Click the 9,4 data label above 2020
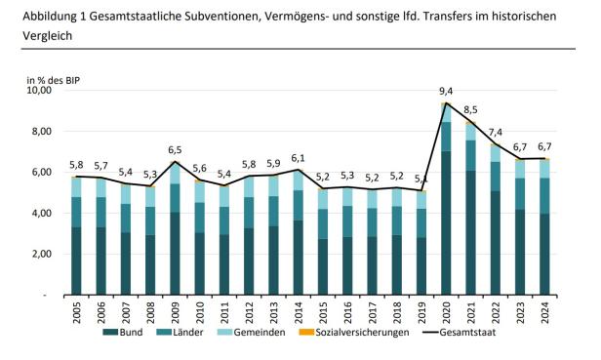tap(446, 93)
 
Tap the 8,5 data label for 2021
tap(470, 110)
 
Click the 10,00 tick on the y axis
tap(38, 90)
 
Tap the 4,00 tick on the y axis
tap(41, 214)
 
